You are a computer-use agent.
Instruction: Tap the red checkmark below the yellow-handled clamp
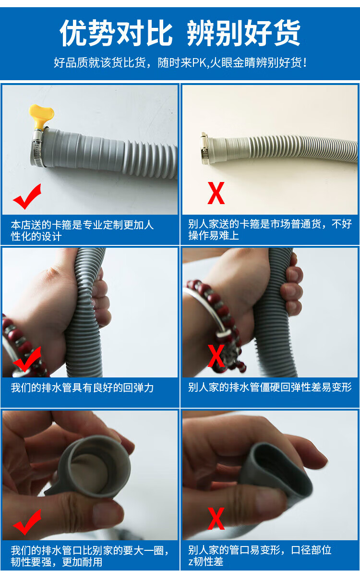(27, 196)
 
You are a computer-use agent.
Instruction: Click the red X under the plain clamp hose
(216, 193)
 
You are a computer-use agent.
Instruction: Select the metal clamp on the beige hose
(204, 148)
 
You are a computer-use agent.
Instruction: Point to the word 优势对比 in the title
(116, 33)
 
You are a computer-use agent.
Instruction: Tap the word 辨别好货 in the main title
(244, 33)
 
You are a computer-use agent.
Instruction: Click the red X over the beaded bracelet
(216, 356)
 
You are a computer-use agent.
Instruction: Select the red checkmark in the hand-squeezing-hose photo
(27, 359)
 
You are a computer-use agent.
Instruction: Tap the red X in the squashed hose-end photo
(216, 519)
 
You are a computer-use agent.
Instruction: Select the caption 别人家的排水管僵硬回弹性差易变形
(270, 387)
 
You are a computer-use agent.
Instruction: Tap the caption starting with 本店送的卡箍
(82, 231)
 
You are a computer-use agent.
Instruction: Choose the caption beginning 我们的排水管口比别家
(90, 557)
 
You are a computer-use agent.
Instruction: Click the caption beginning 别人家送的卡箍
(270, 230)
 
